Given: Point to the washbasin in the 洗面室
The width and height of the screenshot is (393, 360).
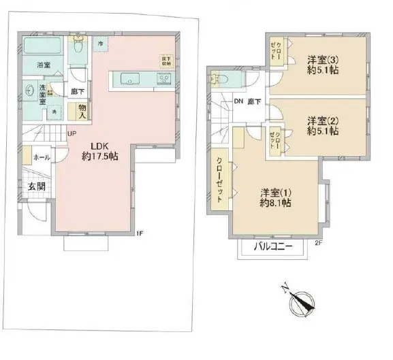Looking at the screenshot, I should coord(29,88).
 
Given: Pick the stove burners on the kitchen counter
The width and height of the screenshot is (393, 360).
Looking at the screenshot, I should coord(163,79).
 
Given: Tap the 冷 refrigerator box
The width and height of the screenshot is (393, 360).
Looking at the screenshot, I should coord(99,45).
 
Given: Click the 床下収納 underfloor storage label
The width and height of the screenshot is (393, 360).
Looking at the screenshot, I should coord(166,61).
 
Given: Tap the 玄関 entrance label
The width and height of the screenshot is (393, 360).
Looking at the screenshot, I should coord(36,186).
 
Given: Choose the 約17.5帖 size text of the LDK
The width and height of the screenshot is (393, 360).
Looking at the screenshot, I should coord(100,157).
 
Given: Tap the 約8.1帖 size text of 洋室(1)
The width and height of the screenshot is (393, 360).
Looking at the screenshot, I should coord(276,203).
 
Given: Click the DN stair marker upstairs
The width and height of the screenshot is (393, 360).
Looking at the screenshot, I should coord(238,102).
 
